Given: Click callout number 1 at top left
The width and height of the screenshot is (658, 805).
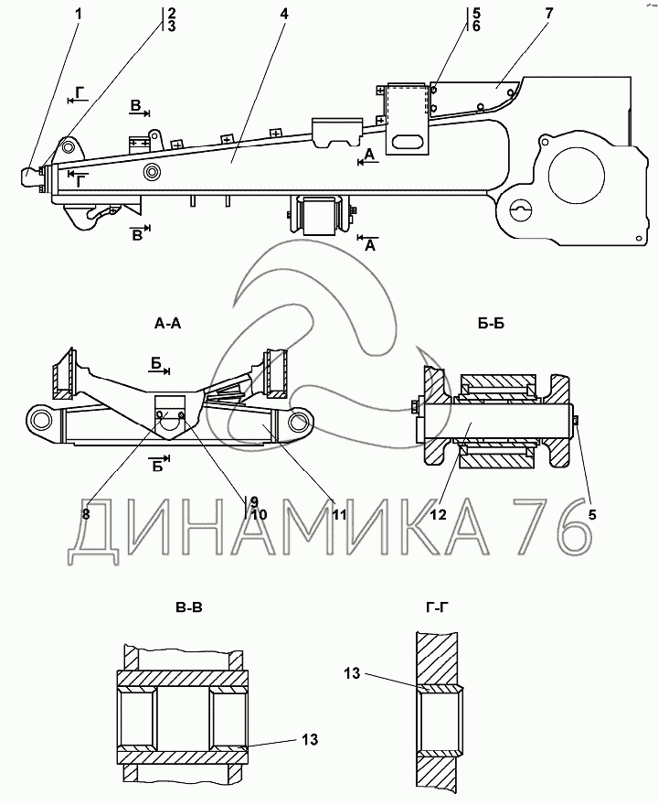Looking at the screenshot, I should [79, 13].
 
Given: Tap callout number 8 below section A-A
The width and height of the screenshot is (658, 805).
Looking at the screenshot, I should [86, 514].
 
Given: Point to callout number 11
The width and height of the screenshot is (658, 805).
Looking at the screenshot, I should [339, 514].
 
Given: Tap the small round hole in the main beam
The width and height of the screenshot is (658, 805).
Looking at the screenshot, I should [151, 172].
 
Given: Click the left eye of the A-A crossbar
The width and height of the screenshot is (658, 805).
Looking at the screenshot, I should [41, 420].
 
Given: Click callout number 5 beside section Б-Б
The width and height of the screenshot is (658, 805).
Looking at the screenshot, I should [591, 514].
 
